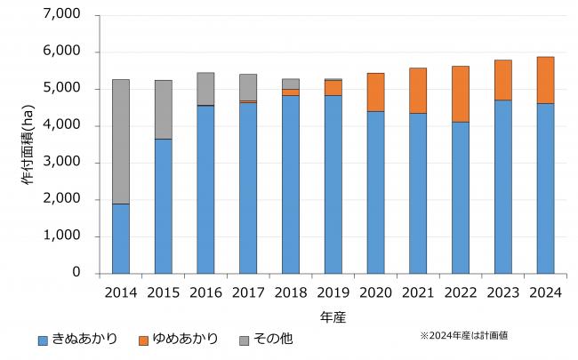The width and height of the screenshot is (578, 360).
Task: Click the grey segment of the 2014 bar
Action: [121, 141]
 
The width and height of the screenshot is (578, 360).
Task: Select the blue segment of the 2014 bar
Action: [121, 238]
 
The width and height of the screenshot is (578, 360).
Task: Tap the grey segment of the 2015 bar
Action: [164, 109]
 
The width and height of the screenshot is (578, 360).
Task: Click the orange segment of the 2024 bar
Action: [545, 80]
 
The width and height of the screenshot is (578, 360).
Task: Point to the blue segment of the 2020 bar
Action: [375, 192]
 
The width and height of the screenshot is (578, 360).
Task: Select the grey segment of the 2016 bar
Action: [205, 89]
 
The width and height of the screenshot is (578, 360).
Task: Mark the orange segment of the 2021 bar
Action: [418, 90]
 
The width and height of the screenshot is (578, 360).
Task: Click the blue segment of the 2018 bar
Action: [291, 184]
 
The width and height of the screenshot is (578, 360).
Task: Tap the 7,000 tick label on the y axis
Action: [61, 15]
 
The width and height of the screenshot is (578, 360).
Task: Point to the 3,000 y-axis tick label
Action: [61, 163]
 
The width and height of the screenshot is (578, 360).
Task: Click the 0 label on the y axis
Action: [76, 273]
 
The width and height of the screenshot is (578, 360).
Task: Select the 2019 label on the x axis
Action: [333, 292]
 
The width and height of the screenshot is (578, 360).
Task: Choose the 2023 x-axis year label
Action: [502, 292]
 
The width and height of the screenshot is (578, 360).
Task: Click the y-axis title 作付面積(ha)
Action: [25, 144]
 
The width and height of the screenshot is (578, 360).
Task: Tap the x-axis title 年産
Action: [333, 316]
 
